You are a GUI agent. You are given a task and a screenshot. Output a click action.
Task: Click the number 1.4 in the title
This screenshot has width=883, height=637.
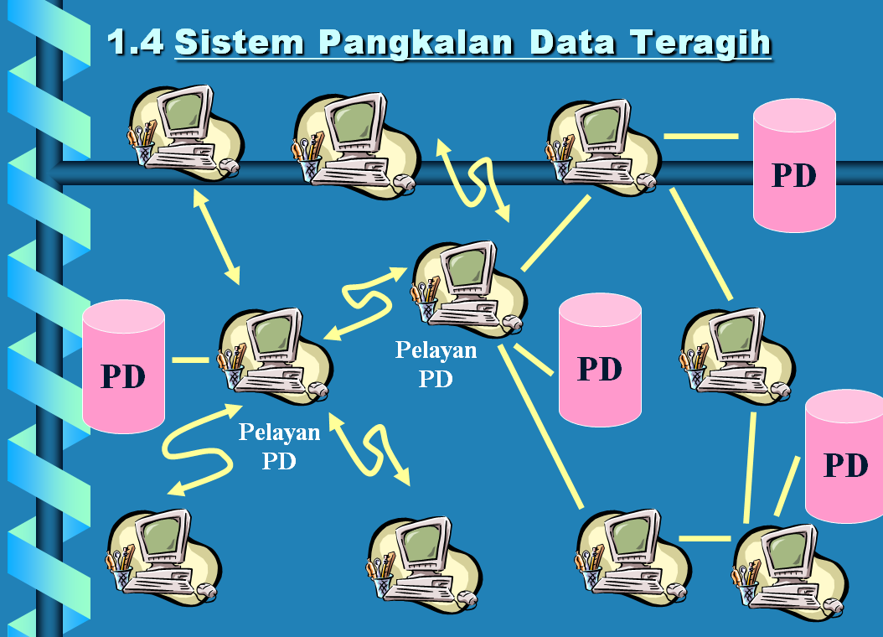[136, 42]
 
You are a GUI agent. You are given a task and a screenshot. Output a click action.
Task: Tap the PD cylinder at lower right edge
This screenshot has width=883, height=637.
[844, 457]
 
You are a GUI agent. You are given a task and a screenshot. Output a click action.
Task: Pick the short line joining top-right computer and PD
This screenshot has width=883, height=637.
[700, 135]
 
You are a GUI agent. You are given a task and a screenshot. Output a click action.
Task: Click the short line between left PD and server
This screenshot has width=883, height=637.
[190, 360]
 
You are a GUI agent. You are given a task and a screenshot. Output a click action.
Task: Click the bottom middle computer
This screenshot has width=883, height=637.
[423, 560]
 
